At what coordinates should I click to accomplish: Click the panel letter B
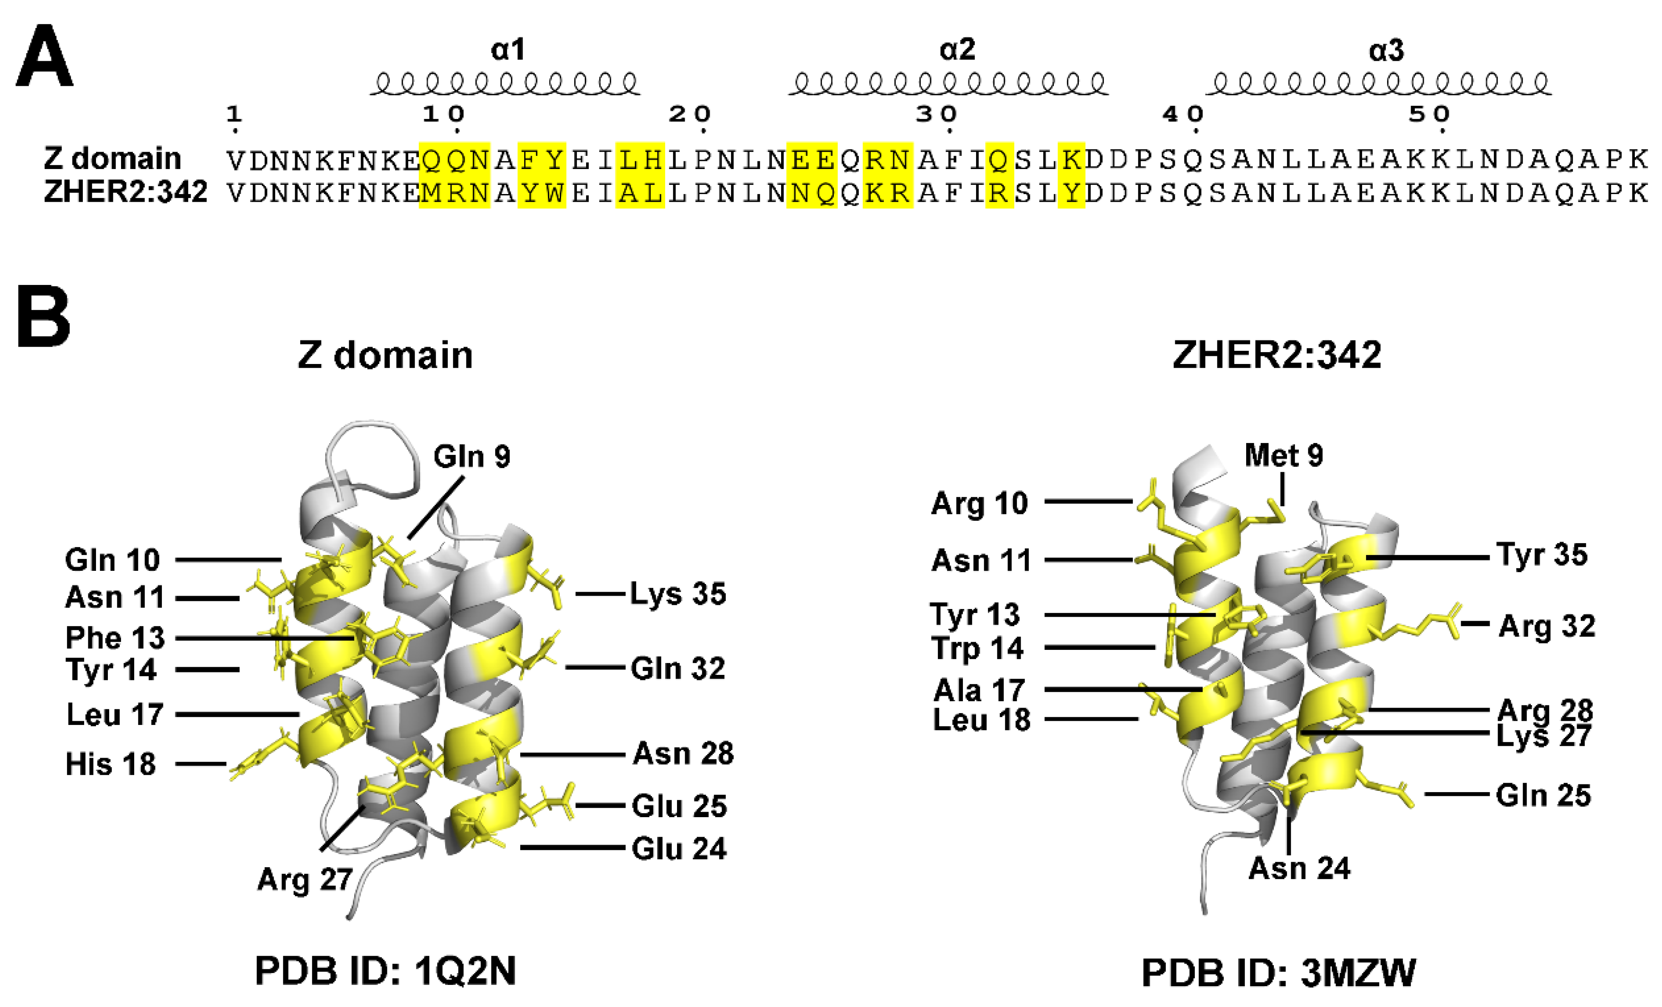[x=43, y=316]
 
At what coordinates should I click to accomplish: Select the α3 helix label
[x=1386, y=51]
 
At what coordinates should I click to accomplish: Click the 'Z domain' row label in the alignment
[x=113, y=158]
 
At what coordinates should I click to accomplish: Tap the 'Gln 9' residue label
[x=471, y=457]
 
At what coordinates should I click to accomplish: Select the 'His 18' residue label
[x=110, y=764]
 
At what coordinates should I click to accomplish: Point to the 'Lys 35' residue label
[x=678, y=594]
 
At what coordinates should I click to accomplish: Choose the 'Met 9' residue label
[x=1284, y=455]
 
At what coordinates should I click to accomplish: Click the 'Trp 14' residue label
[x=978, y=648]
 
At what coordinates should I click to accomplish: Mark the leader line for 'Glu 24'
[x=572, y=847]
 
